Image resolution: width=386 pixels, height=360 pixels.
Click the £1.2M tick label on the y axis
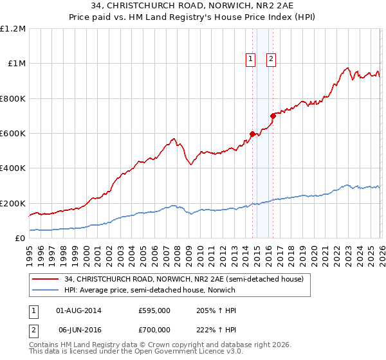14,29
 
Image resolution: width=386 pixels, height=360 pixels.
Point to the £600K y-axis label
13,134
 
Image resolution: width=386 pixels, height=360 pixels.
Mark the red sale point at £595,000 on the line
252,134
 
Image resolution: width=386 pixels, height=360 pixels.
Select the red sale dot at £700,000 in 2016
273,116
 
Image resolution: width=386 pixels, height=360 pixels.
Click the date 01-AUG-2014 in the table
79,310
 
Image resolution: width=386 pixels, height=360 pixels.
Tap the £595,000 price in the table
154,310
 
